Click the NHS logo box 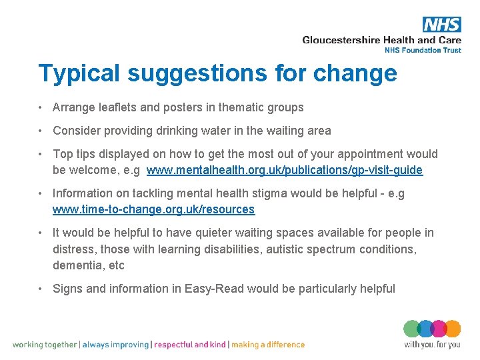pos(441,25)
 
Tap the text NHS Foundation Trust pos(423,50)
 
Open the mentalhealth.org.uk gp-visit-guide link pos(285,170)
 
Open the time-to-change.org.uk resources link pos(153,209)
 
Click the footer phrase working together pos(45,345)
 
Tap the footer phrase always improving pos(116,345)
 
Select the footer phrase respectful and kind pos(191,345)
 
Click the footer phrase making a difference pos(268,345)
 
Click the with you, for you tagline pos(432,345)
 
